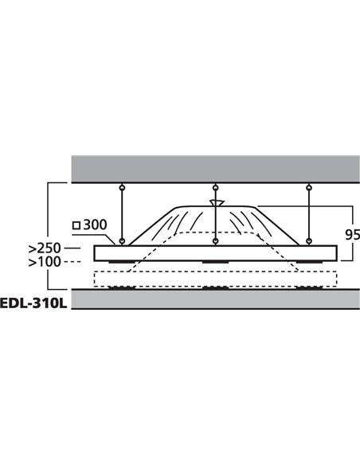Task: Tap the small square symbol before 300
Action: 76,227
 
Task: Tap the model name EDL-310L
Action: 34,303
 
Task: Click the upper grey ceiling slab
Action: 215,168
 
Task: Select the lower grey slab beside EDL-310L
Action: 215,301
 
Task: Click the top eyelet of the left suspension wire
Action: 121,187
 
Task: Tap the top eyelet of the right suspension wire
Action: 308,187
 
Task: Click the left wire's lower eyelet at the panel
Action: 121,240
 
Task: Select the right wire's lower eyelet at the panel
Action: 308,240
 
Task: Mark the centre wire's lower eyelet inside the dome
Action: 215,240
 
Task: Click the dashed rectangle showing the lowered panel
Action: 215,279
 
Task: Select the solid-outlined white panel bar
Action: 215,253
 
